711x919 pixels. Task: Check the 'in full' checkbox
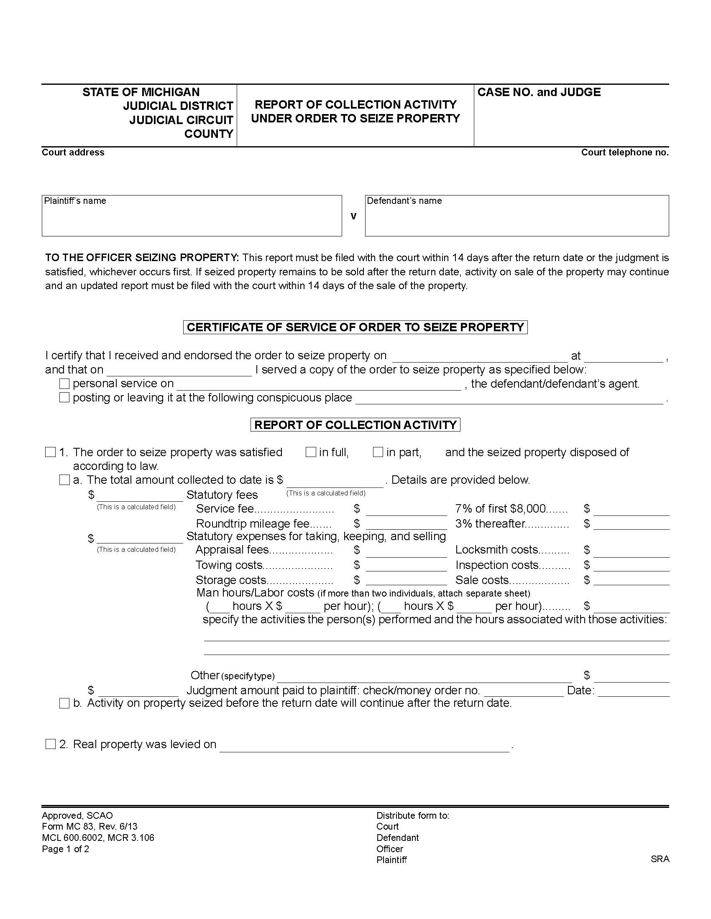tap(311, 452)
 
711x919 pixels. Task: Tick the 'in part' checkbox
tap(378, 452)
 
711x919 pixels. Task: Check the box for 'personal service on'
tap(64, 384)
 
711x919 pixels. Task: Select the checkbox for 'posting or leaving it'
tap(64, 398)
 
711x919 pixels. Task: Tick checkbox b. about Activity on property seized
tap(64, 703)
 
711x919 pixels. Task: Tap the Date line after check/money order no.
tap(633, 692)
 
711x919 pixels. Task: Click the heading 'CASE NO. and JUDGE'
tap(539, 92)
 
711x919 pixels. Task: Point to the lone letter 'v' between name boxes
tap(353, 216)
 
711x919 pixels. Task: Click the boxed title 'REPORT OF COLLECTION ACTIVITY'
tap(355, 424)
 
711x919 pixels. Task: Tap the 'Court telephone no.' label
tap(625, 152)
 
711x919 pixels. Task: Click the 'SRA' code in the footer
tap(660, 859)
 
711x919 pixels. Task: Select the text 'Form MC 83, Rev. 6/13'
tap(90, 826)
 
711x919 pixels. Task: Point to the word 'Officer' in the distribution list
tap(390, 849)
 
